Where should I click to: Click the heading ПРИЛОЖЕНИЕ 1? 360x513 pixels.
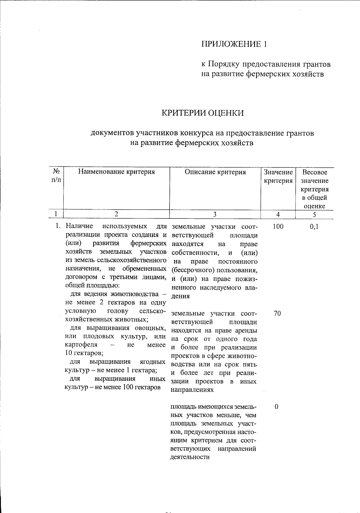(x=234, y=44)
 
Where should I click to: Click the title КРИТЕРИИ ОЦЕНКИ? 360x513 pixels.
(x=203, y=113)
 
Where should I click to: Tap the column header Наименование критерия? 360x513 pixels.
(x=116, y=172)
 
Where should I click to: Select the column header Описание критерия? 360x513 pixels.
(x=215, y=172)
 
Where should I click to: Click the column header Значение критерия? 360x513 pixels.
(x=278, y=176)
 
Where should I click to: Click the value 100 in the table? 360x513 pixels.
(x=278, y=226)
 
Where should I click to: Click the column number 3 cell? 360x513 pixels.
(x=215, y=214)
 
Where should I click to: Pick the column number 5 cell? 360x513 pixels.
(x=314, y=214)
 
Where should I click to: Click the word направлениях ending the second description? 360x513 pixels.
(x=192, y=390)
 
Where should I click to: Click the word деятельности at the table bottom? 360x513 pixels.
(x=190, y=457)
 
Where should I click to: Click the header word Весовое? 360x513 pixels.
(x=314, y=172)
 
